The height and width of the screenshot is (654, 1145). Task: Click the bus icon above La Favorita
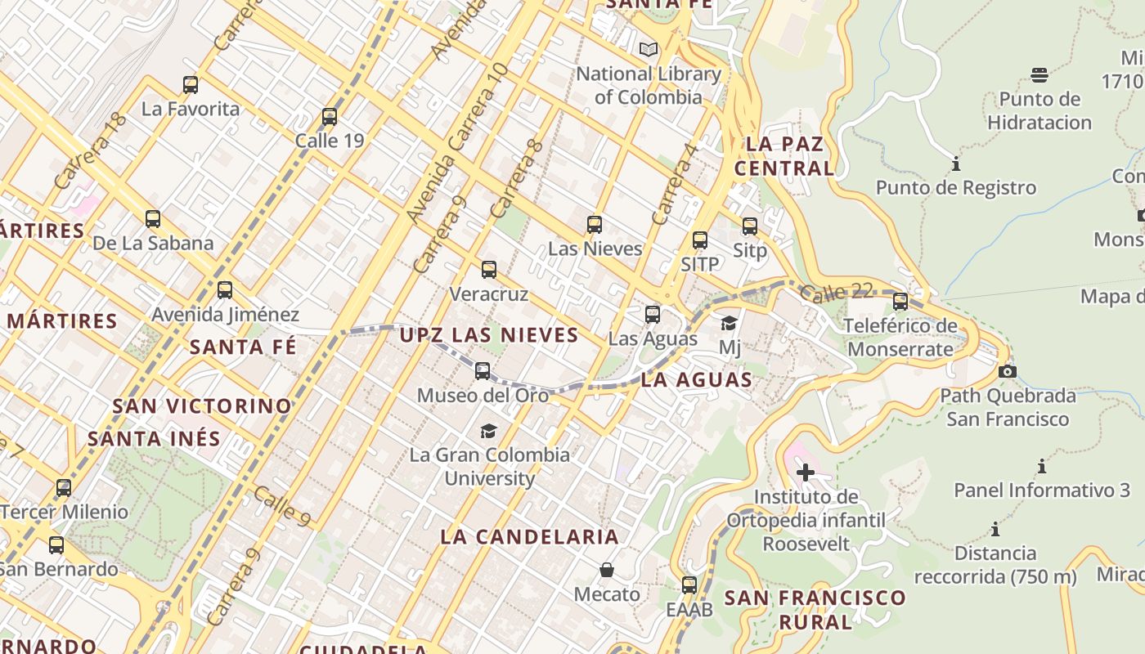(x=191, y=84)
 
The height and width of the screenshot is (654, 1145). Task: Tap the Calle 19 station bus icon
(x=330, y=117)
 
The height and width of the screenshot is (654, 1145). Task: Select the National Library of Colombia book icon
(x=649, y=50)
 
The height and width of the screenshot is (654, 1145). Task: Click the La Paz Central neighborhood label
(x=784, y=156)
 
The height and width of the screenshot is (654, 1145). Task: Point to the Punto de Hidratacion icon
(x=1039, y=75)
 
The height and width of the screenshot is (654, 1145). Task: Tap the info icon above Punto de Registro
(x=956, y=164)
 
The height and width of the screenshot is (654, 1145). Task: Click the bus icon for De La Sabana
(x=153, y=219)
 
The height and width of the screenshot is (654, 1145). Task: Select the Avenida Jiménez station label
(x=226, y=314)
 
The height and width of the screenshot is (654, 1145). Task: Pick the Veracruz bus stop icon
(x=489, y=270)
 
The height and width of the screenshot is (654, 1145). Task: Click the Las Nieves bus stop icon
(x=595, y=225)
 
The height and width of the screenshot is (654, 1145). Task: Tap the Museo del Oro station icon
(x=483, y=371)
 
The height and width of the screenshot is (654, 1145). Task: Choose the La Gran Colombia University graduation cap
(x=488, y=431)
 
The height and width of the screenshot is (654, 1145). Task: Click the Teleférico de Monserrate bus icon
(x=900, y=302)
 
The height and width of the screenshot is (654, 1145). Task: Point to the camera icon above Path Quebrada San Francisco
(x=1008, y=372)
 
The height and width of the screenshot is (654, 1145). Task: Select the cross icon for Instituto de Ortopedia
(x=806, y=473)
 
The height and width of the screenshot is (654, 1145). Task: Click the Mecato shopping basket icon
(x=607, y=570)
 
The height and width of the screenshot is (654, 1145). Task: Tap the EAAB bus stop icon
(x=689, y=585)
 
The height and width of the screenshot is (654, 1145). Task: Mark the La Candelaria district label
(x=530, y=537)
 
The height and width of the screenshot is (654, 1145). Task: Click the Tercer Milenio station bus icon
(x=64, y=488)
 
